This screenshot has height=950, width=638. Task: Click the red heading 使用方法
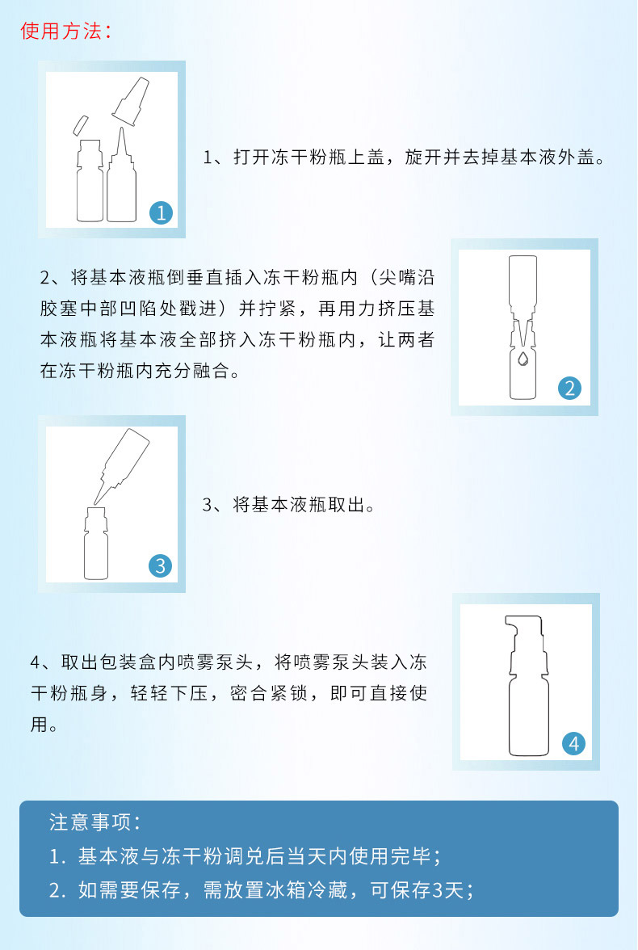pyautogui.click(x=61, y=31)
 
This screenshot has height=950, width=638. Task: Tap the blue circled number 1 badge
pyautogui.click(x=162, y=212)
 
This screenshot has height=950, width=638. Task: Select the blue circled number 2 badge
pyautogui.click(x=569, y=388)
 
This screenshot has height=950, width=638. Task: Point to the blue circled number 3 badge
pyautogui.click(x=161, y=565)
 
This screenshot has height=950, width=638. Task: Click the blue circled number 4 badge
pyautogui.click(x=573, y=743)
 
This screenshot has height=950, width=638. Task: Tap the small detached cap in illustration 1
pyautogui.click(x=80, y=125)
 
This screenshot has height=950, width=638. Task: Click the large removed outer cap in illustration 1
pyautogui.click(x=130, y=101)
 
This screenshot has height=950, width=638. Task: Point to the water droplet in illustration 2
pyautogui.click(x=523, y=358)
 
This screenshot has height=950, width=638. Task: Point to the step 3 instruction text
pyautogui.click(x=288, y=505)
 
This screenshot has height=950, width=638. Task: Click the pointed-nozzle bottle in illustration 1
pyautogui.click(x=121, y=174)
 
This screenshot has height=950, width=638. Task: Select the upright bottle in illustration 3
pyautogui.click(x=96, y=544)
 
